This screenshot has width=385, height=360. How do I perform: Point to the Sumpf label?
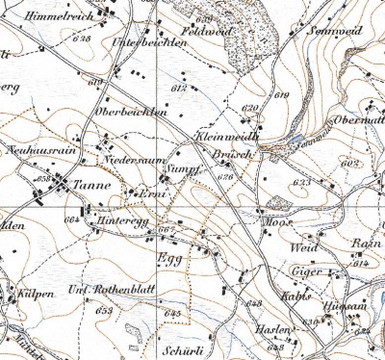(x=185, y=168)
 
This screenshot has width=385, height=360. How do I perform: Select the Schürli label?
(x=176, y=352)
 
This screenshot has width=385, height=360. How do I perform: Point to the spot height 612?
(x=177, y=89)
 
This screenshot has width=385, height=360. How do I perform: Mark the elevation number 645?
(x=172, y=315)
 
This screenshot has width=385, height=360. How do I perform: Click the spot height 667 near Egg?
(x=166, y=230)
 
